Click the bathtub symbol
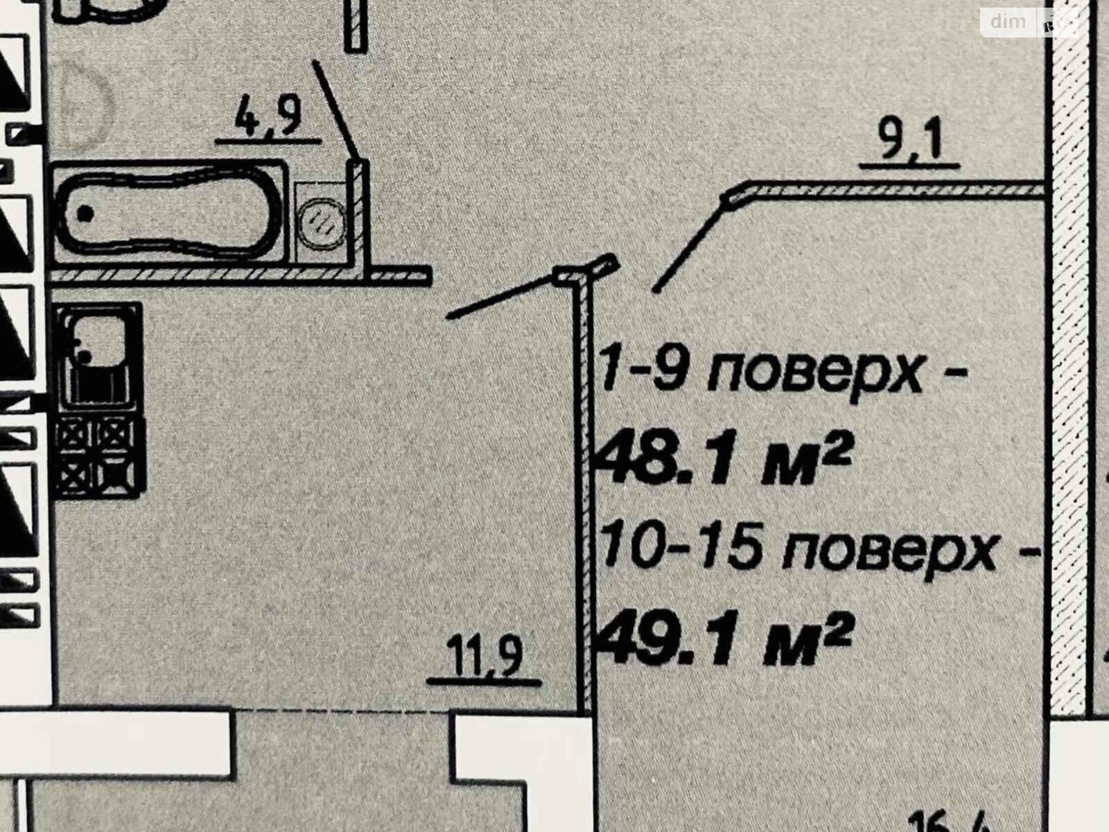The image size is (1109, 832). coord(170,212)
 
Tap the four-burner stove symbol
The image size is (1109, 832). coord(99,454)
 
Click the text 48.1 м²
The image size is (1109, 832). coord(724,465)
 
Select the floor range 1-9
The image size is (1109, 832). coord(645,375)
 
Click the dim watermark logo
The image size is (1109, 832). coord(1008,22)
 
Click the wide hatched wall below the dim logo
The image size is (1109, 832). coord(1067,347)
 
